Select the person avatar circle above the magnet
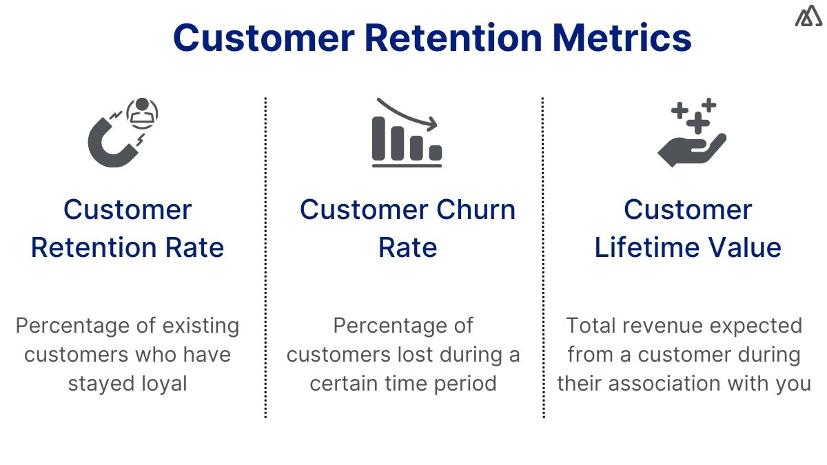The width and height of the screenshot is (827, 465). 143,112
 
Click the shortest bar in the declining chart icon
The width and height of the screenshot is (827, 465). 435,152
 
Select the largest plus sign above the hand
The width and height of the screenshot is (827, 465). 697,123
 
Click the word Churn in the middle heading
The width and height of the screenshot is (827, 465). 475,209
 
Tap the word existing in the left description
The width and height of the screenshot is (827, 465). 201,325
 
